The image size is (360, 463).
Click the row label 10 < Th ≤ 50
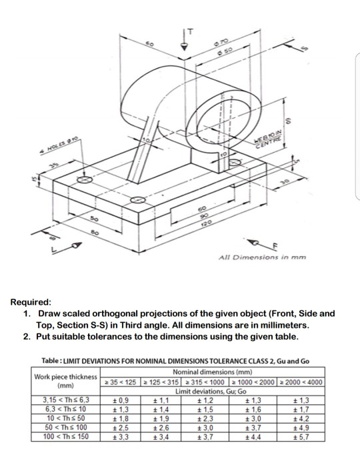[x=65, y=417]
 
